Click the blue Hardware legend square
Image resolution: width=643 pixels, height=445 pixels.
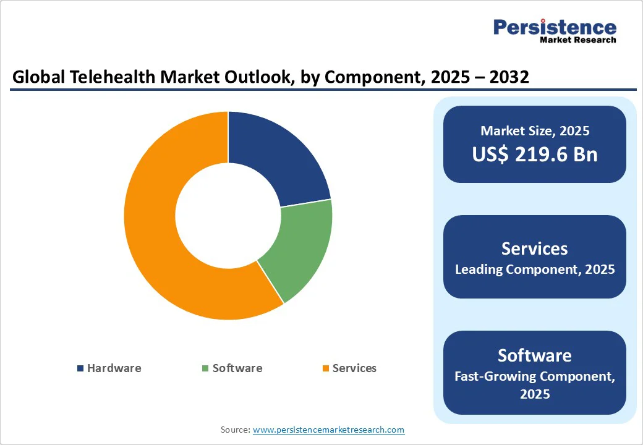coord(80,368)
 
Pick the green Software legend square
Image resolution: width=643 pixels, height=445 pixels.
coord(205,368)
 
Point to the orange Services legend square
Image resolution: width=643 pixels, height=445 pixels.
coord(325,368)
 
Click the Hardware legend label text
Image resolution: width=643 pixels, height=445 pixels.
coord(114,368)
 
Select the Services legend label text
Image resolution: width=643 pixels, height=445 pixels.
coord(354,368)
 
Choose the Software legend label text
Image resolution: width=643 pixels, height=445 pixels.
coord(237,368)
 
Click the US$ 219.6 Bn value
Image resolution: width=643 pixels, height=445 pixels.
coord(535,154)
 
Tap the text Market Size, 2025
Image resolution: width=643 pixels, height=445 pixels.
coord(535,131)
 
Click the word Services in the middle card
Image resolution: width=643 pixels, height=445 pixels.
coord(535,248)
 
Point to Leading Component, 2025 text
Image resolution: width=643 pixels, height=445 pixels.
coord(535,269)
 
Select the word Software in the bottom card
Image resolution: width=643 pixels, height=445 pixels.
coord(535,355)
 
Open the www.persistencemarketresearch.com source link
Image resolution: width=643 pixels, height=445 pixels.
coord(328,430)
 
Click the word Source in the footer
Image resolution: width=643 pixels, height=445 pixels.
coord(235,430)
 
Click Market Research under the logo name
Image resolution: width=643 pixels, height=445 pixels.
coord(578,40)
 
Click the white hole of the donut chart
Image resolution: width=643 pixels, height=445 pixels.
coord(228,216)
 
